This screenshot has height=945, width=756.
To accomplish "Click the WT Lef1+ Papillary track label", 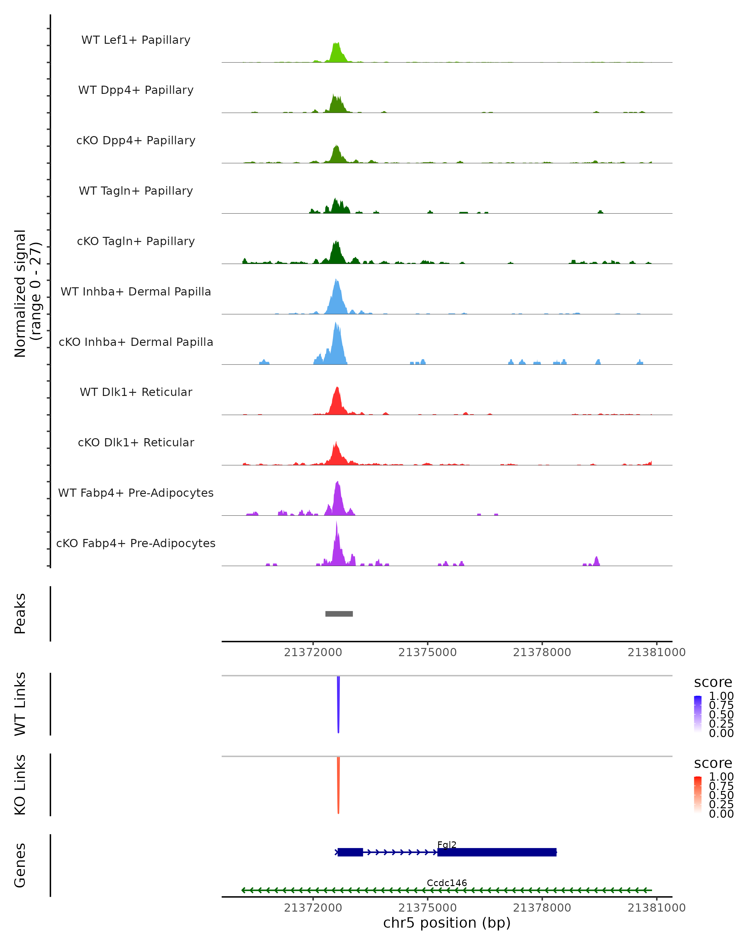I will pos(136,40).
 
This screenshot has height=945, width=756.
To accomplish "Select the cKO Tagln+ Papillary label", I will pos(136,241).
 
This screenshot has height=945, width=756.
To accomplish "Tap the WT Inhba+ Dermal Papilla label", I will pos(136,291).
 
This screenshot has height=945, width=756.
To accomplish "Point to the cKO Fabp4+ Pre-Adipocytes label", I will pos(136,543).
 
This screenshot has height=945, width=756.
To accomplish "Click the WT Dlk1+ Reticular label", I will pos(136,392).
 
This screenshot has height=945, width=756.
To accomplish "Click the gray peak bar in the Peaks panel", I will pos(339,614).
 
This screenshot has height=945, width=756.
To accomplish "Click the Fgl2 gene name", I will pos(447,845).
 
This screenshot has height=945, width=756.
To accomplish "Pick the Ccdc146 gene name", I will pos(447,883).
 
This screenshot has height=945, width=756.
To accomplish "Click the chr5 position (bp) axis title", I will pos(447,923).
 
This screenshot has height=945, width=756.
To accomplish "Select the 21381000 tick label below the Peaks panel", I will pos(656,652).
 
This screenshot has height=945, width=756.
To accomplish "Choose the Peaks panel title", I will pos(20,614).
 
